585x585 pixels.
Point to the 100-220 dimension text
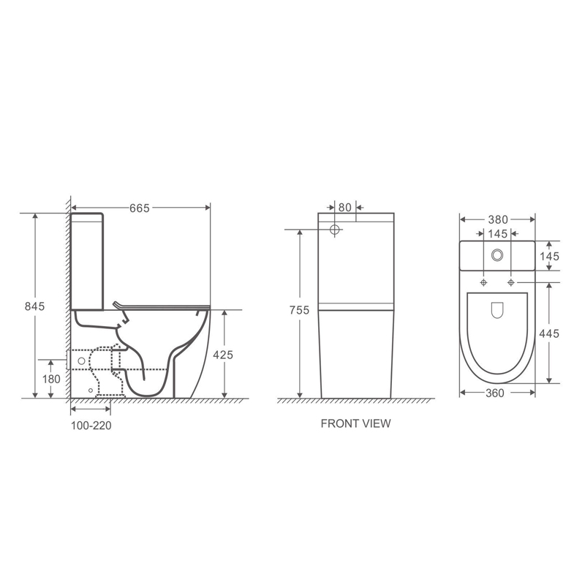(91, 424)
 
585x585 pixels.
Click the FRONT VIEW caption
(355, 423)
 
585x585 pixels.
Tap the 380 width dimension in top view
(497, 219)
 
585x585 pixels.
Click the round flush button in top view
(497, 255)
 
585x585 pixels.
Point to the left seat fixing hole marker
(484, 282)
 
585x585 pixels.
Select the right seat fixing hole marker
(510, 282)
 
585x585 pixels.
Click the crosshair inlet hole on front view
(336, 230)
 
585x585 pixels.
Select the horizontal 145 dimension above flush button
(497, 233)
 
